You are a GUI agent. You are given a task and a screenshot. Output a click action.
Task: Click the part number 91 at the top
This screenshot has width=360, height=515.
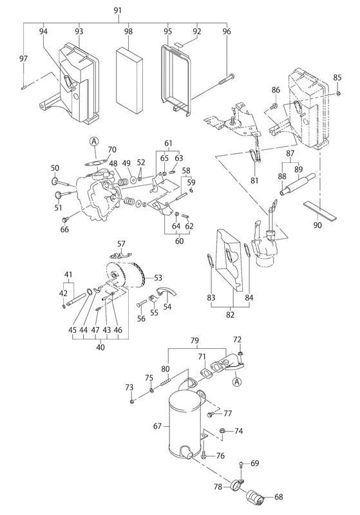pyautogui.click(x=118, y=10)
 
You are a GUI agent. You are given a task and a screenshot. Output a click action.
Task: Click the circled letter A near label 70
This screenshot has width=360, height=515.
pyautogui.click(x=94, y=142)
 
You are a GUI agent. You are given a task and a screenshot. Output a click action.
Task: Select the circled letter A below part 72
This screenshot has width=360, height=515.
pyautogui.click(x=236, y=382)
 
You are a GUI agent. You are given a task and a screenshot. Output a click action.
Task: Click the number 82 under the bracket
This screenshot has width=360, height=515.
pyautogui.click(x=231, y=314)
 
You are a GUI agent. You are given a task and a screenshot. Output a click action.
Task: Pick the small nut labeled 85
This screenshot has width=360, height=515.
pyautogui.click(x=338, y=93)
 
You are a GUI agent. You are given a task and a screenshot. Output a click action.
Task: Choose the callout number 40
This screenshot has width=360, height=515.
pyautogui.click(x=100, y=347)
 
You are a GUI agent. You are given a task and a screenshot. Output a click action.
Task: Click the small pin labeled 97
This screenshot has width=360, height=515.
pyautogui.click(x=24, y=88)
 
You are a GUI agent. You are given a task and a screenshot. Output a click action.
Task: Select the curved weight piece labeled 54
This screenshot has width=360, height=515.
pyautogui.click(x=167, y=292)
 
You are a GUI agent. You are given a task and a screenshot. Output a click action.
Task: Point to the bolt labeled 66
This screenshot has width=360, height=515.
pyautogui.click(x=64, y=219)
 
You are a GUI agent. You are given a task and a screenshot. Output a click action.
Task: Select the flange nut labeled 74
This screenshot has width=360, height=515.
pyautogui.click(x=222, y=431)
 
